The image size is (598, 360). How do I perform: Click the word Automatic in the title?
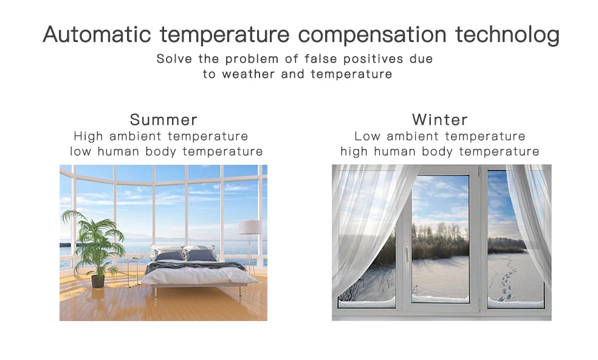[x=97, y=35]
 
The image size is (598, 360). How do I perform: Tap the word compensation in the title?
[x=372, y=35]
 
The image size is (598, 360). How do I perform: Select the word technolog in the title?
[x=507, y=35]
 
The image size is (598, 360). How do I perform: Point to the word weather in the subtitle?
[x=249, y=74]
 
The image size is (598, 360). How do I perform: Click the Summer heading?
[x=163, y=120]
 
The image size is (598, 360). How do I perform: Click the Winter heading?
[x=440, y=120]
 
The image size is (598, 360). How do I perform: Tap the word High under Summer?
[x=89, y=137]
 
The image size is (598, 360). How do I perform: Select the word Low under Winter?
[x=368, y=136]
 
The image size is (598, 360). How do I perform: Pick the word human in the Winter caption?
[x=394, y=151]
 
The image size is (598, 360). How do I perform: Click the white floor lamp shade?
[x=250, y=227]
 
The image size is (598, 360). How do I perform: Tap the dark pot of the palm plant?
[x=98, y=282]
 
